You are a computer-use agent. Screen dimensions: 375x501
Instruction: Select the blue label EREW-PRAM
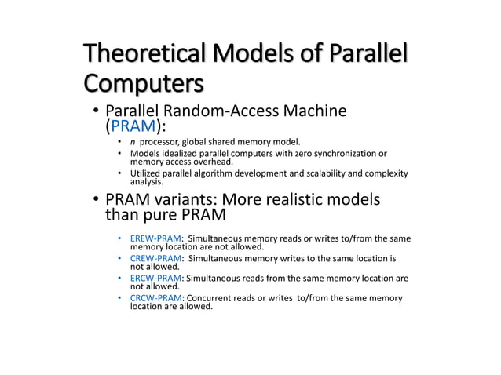tap(155, 238)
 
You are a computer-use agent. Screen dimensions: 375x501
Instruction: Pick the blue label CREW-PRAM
tap(155, 258)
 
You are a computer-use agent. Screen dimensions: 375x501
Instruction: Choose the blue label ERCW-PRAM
tap(155, 278)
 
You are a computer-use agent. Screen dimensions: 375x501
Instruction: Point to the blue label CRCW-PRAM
tap(155, 298)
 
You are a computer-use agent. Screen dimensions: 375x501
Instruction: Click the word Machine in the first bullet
tap(318, 111)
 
